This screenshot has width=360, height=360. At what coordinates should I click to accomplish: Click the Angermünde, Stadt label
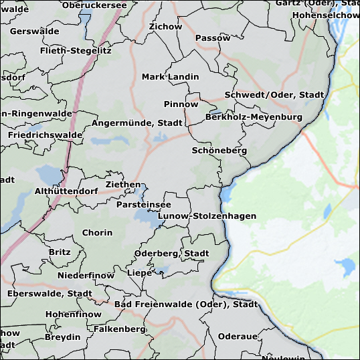(x=137, y=123)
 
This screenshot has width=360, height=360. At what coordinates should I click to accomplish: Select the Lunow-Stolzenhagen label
(x=207, y=216)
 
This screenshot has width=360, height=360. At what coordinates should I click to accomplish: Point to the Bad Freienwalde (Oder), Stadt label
(x=186, y=304)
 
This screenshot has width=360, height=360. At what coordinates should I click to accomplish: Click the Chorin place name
(x=97, y=233)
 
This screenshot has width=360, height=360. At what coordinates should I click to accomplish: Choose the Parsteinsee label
(x=143, y=204)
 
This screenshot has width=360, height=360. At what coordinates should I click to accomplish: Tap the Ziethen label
(x=123, y=185)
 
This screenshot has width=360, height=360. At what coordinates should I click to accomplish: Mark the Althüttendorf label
(x=66, y=191)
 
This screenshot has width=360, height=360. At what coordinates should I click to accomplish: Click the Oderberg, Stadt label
(x=172, y=254)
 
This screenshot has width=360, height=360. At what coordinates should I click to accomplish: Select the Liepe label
(x=139, y=273)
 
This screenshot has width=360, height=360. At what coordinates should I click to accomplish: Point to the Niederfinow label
(x=86, y=276)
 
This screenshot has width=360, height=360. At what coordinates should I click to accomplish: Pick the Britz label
(x=60, y=252)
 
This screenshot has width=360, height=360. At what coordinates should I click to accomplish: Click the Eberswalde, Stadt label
(x=50, y=294)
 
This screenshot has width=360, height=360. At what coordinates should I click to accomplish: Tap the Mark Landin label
(x=170, y=77)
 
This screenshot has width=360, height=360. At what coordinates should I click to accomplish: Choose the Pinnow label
(x=181, y=104)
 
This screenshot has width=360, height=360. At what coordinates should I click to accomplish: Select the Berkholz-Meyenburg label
(x=254, y=117)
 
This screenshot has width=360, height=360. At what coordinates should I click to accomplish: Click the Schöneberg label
(x=219, y=151)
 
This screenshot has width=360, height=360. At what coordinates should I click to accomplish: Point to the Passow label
(x=213, y=38)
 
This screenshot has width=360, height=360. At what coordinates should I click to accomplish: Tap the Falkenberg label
(x=119, y=329)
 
